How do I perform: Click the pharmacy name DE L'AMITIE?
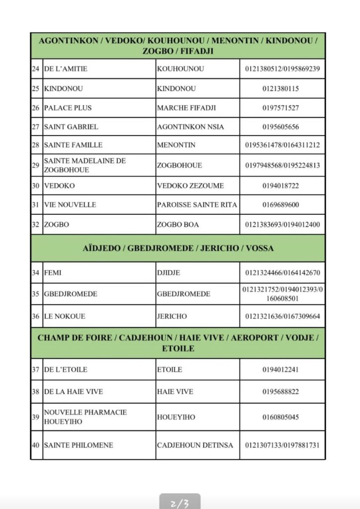click(x=66, y=69)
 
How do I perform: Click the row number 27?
click(x=36, y=127)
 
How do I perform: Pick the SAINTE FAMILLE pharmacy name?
click(x=73, y=145)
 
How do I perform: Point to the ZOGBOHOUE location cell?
click(x=180, y=165)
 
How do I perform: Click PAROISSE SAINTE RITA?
click(x=197, y=205)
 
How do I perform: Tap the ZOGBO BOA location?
click(x=178, y=225)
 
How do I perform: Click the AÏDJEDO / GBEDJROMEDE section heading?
click(x=178, y=248)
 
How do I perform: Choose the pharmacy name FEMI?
click(x=53, y=273)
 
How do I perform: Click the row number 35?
click(x=36, y=294)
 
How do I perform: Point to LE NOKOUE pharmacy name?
click(x=65, y=316)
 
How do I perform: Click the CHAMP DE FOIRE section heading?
click(x=178, y=343)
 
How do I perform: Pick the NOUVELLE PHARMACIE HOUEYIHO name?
click(x=85, y=417)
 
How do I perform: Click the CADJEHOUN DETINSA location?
click(x=195, y=445)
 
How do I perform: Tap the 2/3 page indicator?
click(x=180, y=503)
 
